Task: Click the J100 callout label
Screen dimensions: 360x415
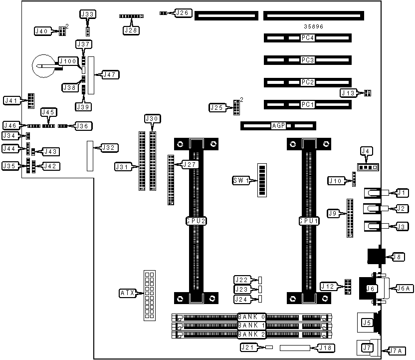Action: (x=68, y=61)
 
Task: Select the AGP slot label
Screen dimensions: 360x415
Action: (x=278, y=126)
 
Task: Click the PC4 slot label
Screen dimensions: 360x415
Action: (x=308, y=38)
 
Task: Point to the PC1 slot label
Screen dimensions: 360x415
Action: (x=308, y=105)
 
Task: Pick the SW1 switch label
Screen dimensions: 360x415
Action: (x=241, y=180)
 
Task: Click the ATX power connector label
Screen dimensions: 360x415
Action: (x=127, y=293)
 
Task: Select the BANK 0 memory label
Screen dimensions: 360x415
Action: (x=252, y=317)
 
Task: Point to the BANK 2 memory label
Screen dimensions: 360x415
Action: (x=252, y=334)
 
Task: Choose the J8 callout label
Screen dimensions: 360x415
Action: (x=398, y=257)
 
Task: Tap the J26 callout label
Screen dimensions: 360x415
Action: (x=182, y=13)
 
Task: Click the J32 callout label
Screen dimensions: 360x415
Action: (x=108, y=148)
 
